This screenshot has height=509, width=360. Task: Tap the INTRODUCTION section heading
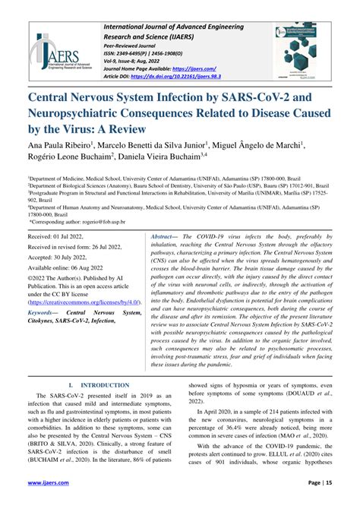click(x=97, y=387)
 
